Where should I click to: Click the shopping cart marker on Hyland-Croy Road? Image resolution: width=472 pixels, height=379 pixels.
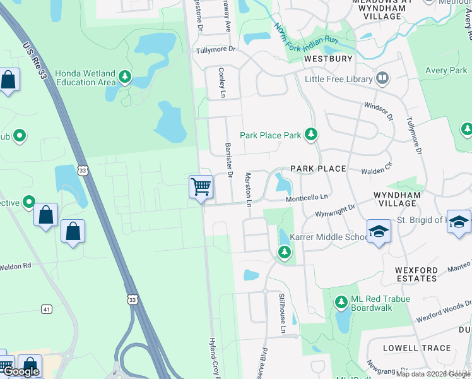coord(201,187)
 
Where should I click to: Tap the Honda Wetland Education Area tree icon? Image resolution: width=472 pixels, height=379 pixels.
coord(125,77)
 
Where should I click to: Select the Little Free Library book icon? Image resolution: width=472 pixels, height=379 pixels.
coord(382,79)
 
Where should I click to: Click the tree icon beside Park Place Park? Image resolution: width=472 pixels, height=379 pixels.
coord(310,134)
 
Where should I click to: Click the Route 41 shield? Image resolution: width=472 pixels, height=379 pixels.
coord(47,309)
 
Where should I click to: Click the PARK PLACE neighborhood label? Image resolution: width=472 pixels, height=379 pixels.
coord(318,169)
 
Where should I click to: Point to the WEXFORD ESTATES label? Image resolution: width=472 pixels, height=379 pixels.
coord(416,274)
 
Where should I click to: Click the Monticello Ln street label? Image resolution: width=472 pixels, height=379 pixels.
coord(308,198)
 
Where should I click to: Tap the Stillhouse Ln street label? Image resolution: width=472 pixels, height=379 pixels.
coord(283,313)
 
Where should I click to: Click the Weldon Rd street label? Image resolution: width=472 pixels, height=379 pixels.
coord(15,267)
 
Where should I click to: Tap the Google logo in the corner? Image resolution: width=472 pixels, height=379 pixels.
coord(21,371)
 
